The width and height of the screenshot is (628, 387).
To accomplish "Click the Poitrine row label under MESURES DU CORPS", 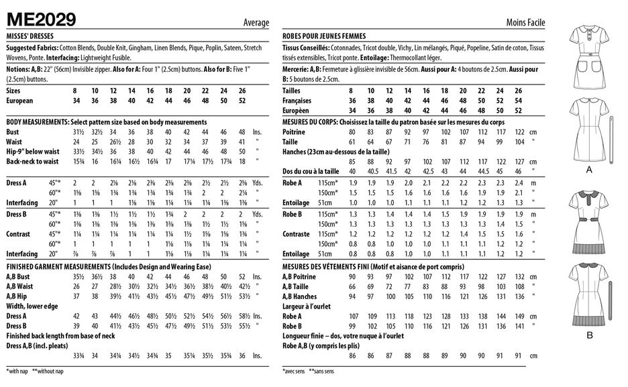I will pyautogui.click(x=294, y=132).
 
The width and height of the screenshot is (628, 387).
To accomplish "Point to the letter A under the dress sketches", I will pyautogui.click(x=589, y=170).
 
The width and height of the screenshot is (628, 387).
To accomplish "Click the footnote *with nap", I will pyautogui.click(x=17, y=371).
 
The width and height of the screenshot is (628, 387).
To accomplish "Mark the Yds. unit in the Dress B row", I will pyautogui.click(x=257, y=214).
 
